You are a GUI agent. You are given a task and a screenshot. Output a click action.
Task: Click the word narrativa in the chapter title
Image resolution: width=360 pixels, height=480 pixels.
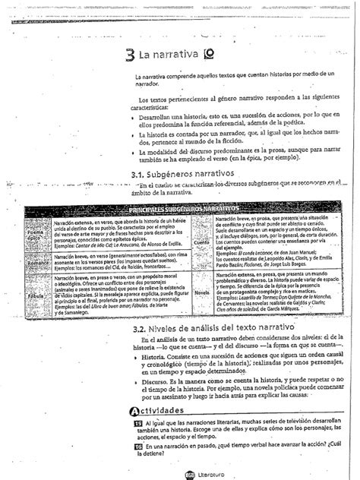point(166,55)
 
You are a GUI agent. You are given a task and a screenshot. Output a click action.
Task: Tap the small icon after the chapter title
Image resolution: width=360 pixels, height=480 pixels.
point(188,55)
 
